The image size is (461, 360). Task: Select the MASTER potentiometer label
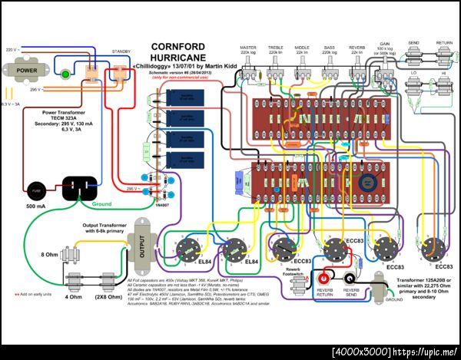point(249,46)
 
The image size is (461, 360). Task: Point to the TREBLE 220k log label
point(276,48)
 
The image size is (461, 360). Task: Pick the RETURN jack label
point(443,44)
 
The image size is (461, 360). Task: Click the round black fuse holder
point(35,190)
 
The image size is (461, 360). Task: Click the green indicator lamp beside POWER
point(66,75)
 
